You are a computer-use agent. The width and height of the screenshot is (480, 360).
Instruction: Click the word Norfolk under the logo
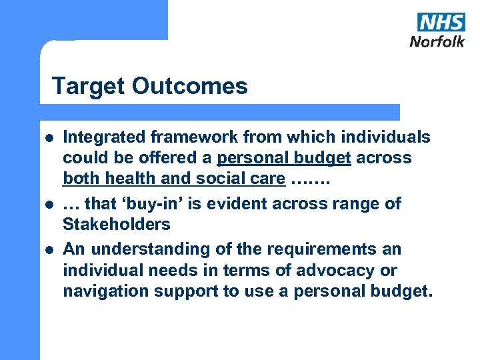pyautogui.click(x=437, y=41)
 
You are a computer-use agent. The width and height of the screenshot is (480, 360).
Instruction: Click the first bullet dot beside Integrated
pyautogui.click(x=48, y=138)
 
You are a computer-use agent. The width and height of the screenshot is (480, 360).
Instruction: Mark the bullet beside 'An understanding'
pyautogui.click(x=48, y=250)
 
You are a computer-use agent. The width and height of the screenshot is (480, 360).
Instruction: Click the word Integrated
pyautogui.click(x=104, y=137)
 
